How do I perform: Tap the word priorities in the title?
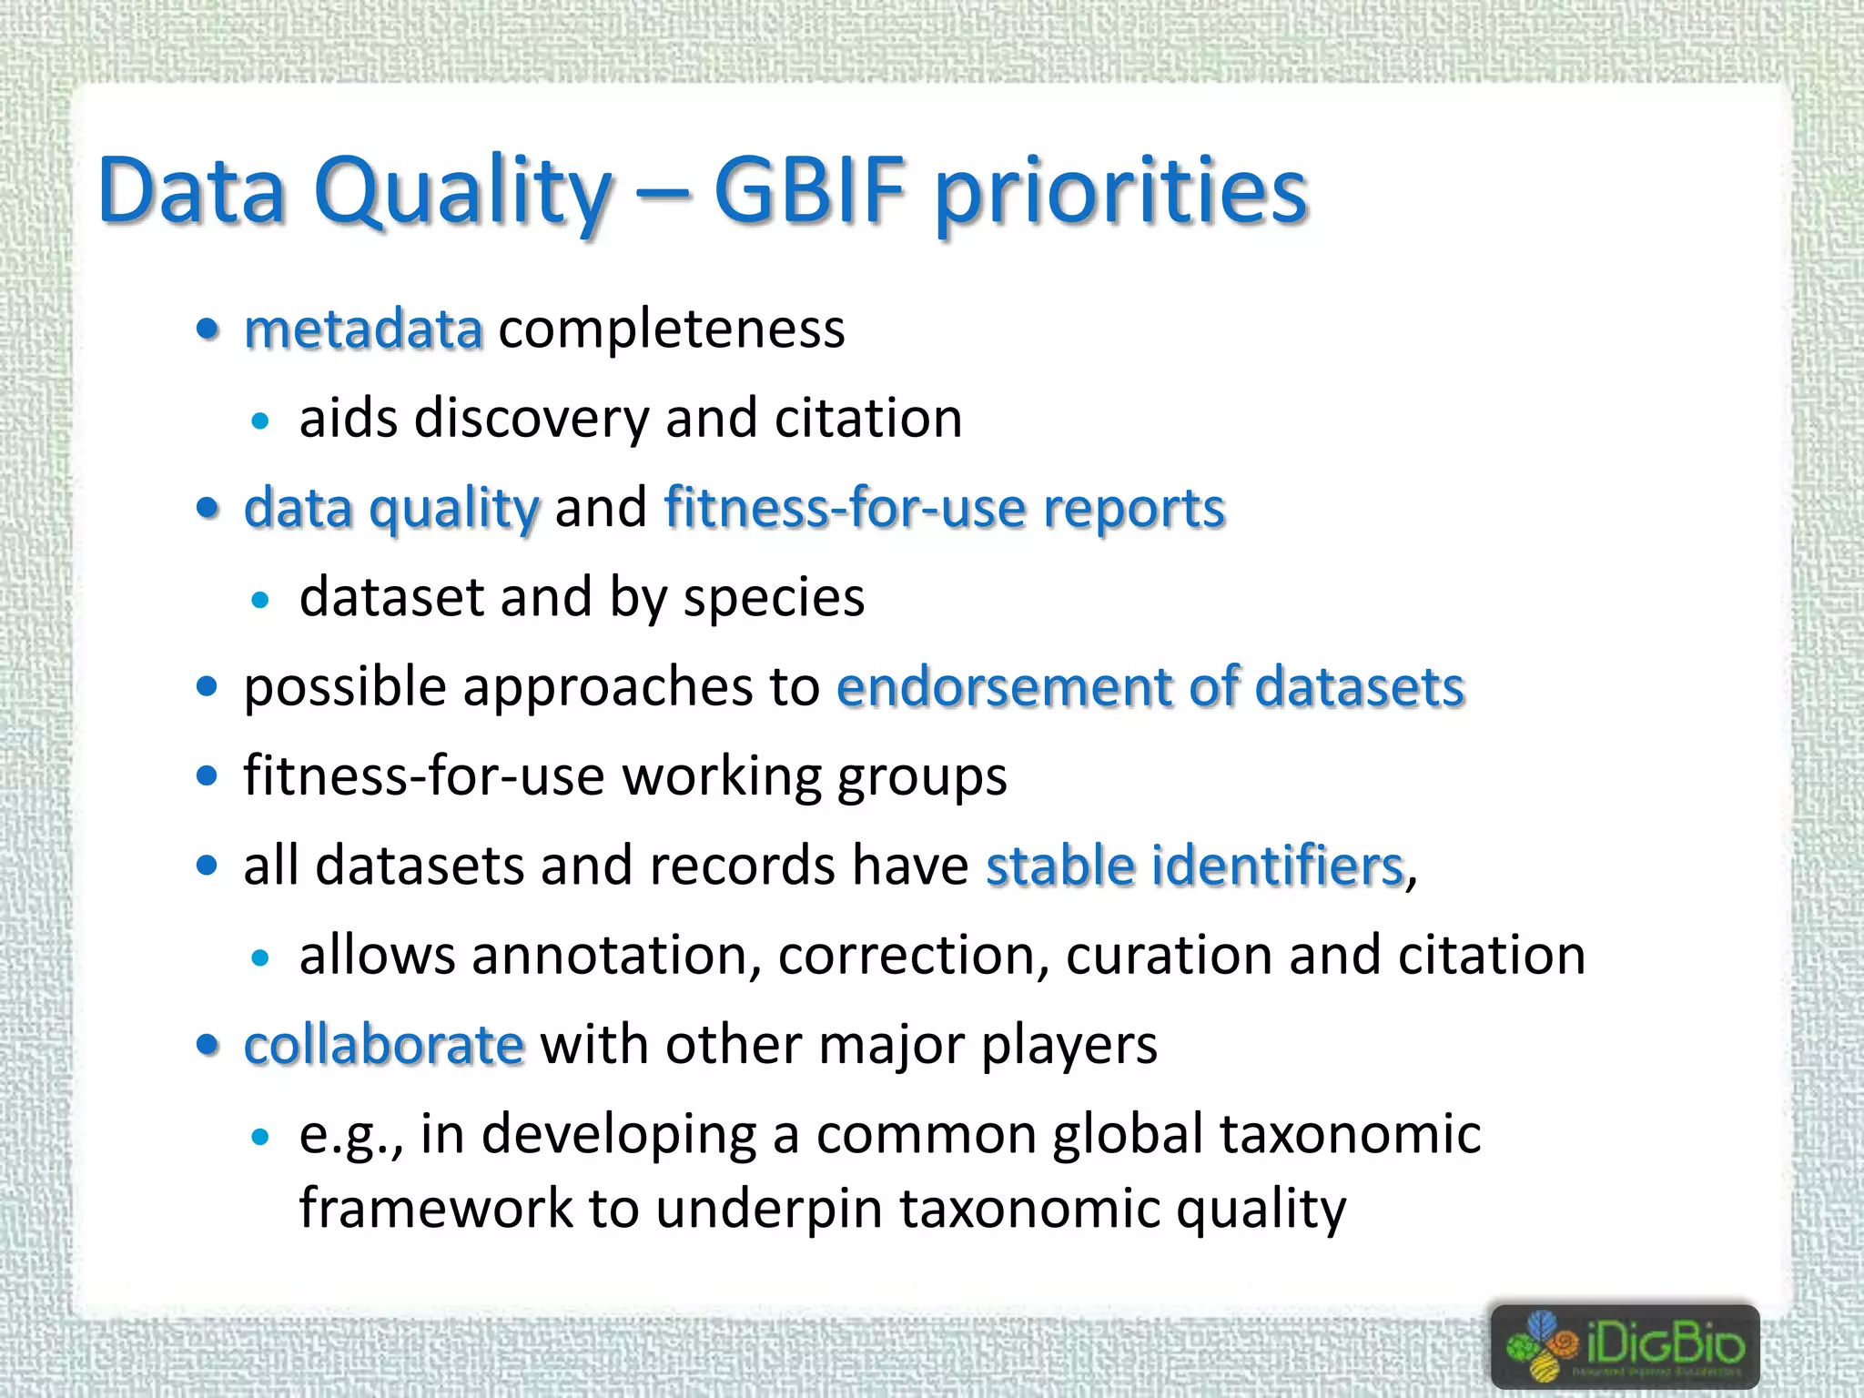click(x=1121, y=193)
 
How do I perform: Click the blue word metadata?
click(x=363, y=329)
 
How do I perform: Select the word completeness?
click(x=672, y=329)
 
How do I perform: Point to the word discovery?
click(x=532, y=420)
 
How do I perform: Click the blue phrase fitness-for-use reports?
click(x=945, y=508)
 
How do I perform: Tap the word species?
click(x=774, y=598)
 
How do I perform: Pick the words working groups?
click(x=815, y=776)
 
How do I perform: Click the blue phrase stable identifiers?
click(x=1195, y=866)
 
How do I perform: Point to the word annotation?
click(x=616, y=956)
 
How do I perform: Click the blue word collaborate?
click(x=384, y=1045)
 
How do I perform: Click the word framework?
click(x=436, y=1210)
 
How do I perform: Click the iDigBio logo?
click(x=1625, y=1346)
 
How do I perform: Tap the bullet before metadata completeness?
click(x=208, y=329)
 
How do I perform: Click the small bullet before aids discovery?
click(x=261, y=420)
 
